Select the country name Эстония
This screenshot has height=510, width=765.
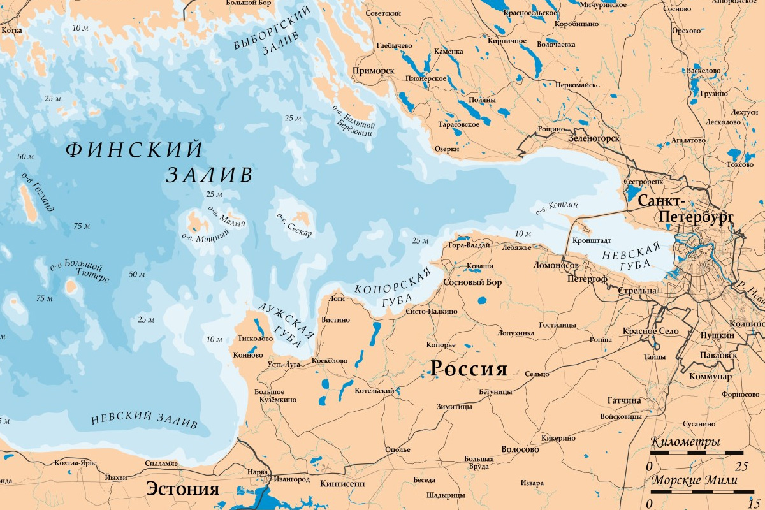coord(183,489)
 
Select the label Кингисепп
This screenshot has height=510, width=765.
coord(342,484)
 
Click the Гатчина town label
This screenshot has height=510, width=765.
coord(624,400)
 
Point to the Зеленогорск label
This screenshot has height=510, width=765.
coord(594,137)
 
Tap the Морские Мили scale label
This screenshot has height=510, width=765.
coord(694,481)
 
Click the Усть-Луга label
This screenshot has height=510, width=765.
coord(284,364)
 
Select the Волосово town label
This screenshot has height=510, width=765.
coord(520,449)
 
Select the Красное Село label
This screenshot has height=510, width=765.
coord(651,332)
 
